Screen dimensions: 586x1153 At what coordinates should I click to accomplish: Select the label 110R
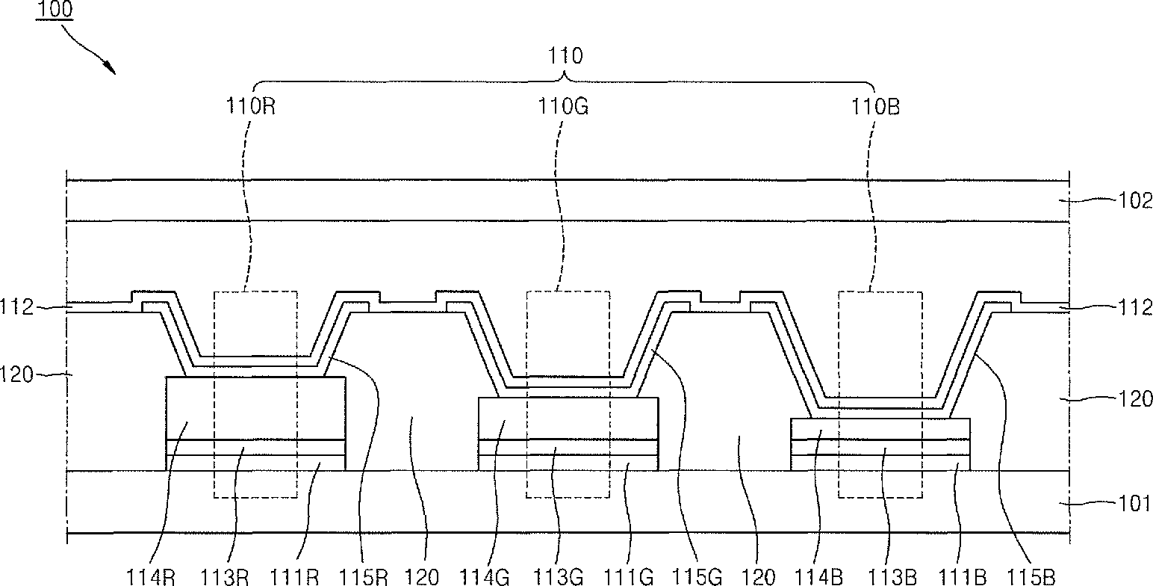point(252,106)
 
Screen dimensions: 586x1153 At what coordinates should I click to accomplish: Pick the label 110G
point(564,106)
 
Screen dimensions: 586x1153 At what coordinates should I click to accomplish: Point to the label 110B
point(874,106)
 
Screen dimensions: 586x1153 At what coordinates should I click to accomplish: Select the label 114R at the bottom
point(149,577)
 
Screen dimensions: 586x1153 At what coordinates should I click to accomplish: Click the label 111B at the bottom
point(963,577)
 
